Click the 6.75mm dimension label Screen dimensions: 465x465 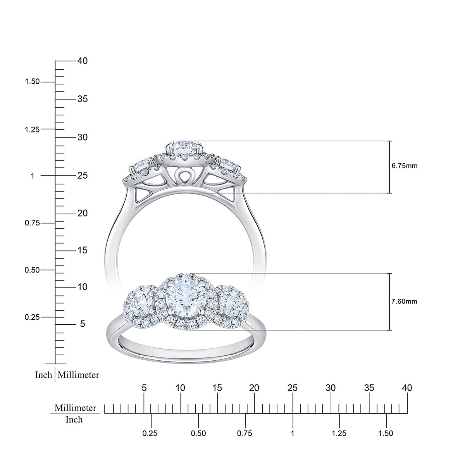click(x=405, y=166)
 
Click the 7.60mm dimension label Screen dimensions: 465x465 click(x=405, y=301)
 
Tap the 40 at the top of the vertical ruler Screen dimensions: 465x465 click(x=82, y=61)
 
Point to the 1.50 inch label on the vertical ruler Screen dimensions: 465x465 click(x=32, y=82)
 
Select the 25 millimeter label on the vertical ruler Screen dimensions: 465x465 click(x=82, y=176)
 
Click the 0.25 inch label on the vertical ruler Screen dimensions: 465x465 click(x=32, y=317)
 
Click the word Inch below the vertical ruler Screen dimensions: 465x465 click(x=43, y=375)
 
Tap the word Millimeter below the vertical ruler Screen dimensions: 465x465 click(x=79, y=375)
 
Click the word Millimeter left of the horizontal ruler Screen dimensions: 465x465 click(x=75, y=408)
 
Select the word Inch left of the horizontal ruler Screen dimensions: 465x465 click(x=74, y=419)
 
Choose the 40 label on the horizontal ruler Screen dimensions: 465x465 click(x=407, y=388)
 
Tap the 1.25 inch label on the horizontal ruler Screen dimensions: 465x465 click(x=339, y=433)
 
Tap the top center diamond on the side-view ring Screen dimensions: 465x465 click(x=184, y=146)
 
